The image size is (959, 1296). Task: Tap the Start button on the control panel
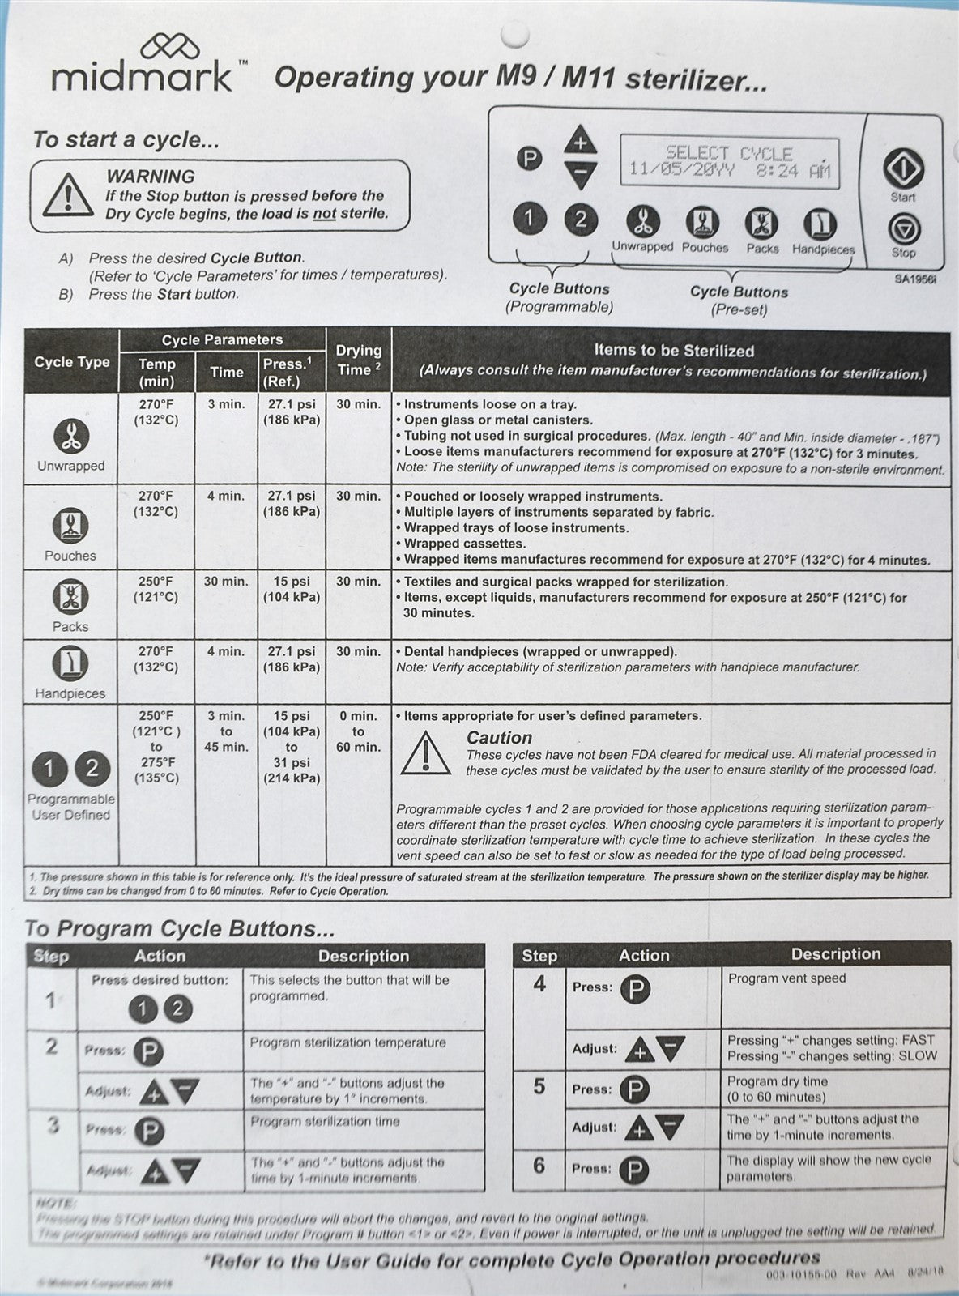[903, 168]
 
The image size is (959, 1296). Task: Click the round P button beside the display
[529, 159]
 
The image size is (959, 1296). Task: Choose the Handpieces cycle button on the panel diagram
[820, 224]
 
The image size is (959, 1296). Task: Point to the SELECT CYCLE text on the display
[729, 152]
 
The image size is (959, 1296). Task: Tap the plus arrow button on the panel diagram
[580, 141]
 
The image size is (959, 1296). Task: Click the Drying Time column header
[359, 360]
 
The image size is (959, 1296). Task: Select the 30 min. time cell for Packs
[226, 582]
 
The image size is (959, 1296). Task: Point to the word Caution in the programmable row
[499, 738]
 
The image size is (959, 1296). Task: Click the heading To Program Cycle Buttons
[180, 928]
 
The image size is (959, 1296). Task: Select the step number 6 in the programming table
[539, 1166]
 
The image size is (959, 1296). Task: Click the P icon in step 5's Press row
[634, 1089]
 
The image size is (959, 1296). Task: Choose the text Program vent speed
[786, 978]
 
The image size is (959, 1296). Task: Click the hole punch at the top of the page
[514, 36]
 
